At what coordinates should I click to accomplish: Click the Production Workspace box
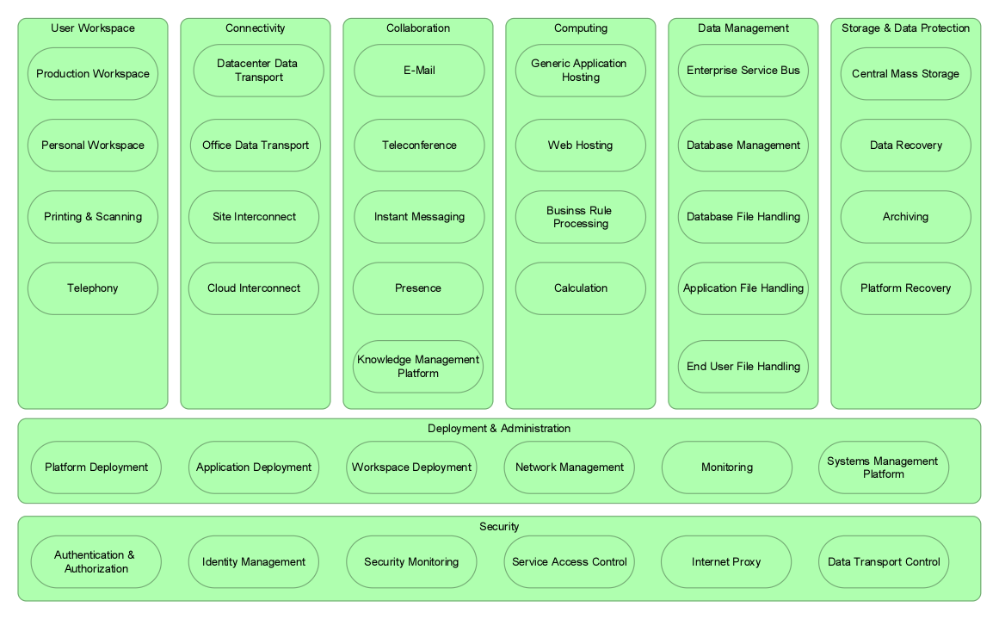[x=93, y=74]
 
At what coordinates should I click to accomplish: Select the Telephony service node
[x=93, y=288]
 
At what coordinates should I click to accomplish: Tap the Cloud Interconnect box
[x=254, y=288]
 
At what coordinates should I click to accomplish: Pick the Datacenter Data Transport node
[x=258, y=71]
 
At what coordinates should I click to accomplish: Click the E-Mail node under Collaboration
[x=419, y=71]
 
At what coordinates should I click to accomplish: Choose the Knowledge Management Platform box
[x=418, y=367]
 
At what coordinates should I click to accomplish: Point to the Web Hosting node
[x=581, y=145]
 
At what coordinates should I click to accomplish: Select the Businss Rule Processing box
[x=581, y=217]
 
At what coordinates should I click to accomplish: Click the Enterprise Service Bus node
[x=743, y=71]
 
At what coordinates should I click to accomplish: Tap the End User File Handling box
[x=743, y=367]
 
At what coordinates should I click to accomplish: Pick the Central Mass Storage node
[x=905, y=74]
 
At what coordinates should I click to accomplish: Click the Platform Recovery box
[x=905, y=288]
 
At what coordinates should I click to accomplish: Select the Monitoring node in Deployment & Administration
[x=727, y=467]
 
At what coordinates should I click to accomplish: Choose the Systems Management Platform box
[x=884, y=467]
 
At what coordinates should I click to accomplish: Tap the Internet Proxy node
[x=726, y=562]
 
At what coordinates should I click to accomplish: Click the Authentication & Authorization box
[x=96, y=562]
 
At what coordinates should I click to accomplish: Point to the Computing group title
[x=581, y=28]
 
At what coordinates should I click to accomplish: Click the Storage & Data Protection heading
[x=905, y=28]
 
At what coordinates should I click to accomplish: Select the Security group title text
[x=499, y=526]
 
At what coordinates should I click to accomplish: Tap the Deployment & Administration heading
[x=499, y=429]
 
